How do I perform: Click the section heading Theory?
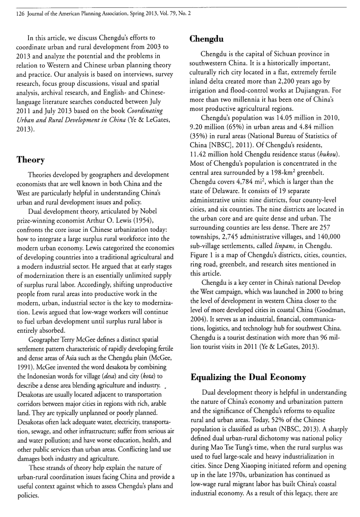pyautogui.click(x=30, y=160)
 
